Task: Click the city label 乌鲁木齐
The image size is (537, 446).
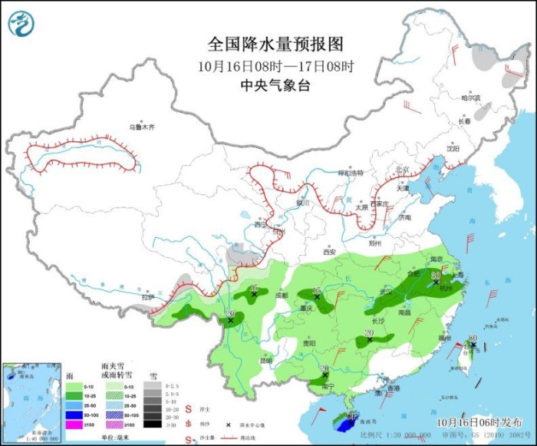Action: [x=141, y=127]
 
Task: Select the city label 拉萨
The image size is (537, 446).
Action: [x=147, y=296]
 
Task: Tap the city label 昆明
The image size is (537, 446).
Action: [x=265, y=360]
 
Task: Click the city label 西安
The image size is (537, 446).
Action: [x=329, y=251]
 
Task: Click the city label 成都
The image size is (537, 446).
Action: [x=280, y=295]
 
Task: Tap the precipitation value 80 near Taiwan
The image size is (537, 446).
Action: [x=473, y=338]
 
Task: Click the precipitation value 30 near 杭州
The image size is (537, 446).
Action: [x=435, y=275]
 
